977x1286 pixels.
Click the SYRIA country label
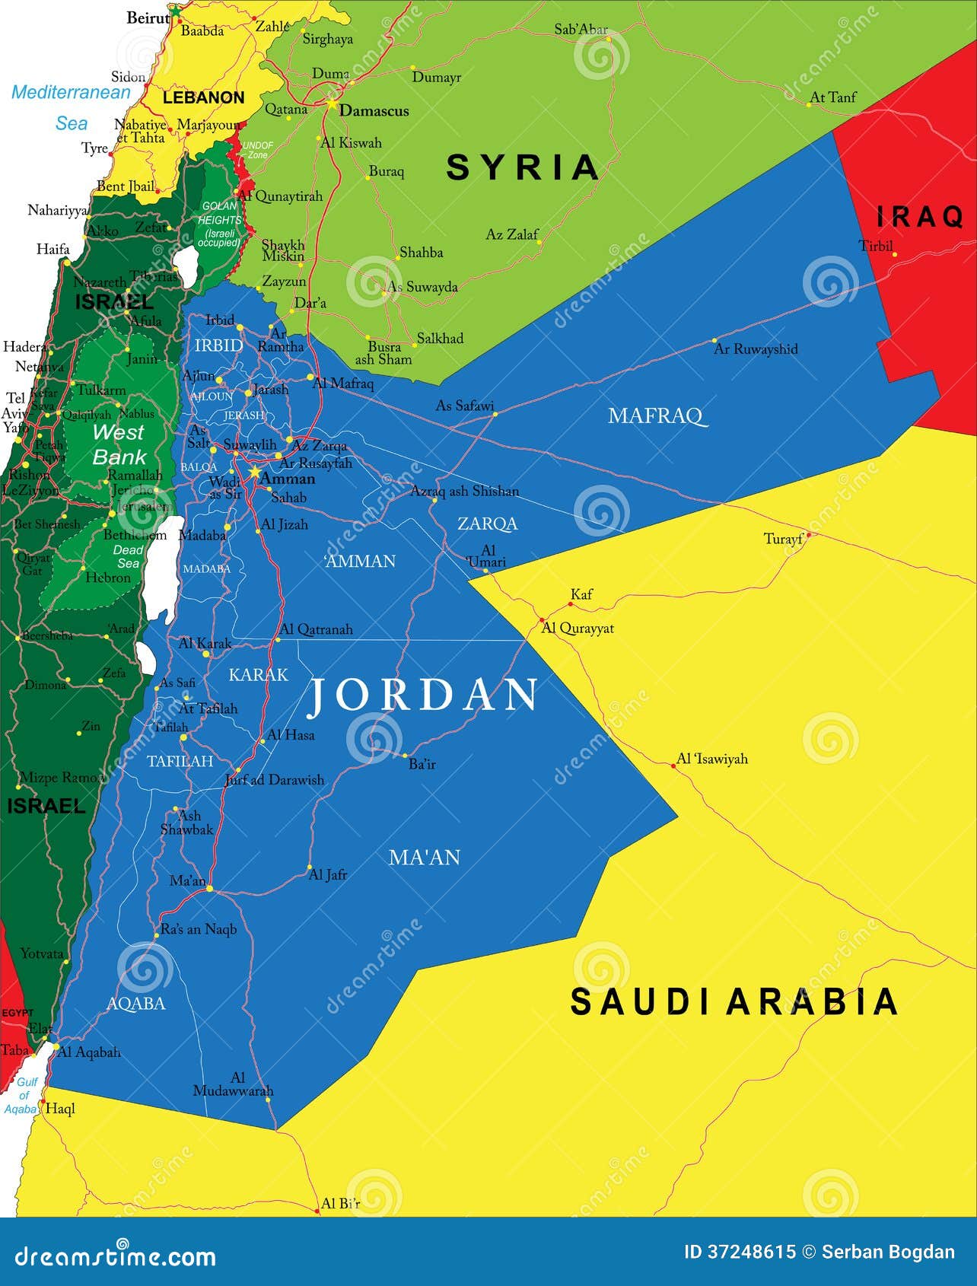click(523, 167)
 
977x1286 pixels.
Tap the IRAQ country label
click(919, 217)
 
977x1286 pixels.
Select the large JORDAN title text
click(423, 696)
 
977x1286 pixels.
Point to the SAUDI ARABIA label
click(734, 1001)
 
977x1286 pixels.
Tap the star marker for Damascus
click(332, 103)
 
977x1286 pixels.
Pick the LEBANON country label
click(203, 97)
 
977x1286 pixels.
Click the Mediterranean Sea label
click(71, 107)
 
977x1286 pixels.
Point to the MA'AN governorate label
click(425, 858)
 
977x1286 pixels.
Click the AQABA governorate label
click(135, 1004)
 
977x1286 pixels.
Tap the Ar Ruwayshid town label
click(756, 349)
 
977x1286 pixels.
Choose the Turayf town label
click(783, 540)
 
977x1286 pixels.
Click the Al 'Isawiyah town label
click(712, 759)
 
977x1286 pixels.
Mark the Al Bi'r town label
click(340, 1203)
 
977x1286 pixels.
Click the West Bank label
click(119, 444)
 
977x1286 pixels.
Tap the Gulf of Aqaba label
click(23, 1095)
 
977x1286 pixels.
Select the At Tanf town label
click(832, 97)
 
